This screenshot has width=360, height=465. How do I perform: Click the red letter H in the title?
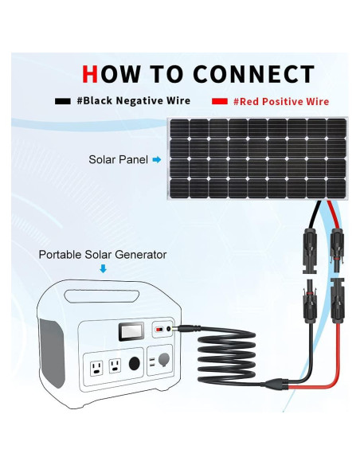[x=90, y=74]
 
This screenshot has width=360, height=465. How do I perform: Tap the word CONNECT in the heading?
[x=254, y=74]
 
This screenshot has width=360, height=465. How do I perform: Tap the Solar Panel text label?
[x=117, y=160]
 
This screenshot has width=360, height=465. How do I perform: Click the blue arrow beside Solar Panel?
[x=157, y=160]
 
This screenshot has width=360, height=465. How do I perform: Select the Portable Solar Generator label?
[x=103, y=255]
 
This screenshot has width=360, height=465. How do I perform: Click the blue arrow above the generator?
[x=102, y=270]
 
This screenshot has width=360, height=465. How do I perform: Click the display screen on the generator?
[x=130, y=331]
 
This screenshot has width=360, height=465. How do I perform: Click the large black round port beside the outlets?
[x=133, y=364]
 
